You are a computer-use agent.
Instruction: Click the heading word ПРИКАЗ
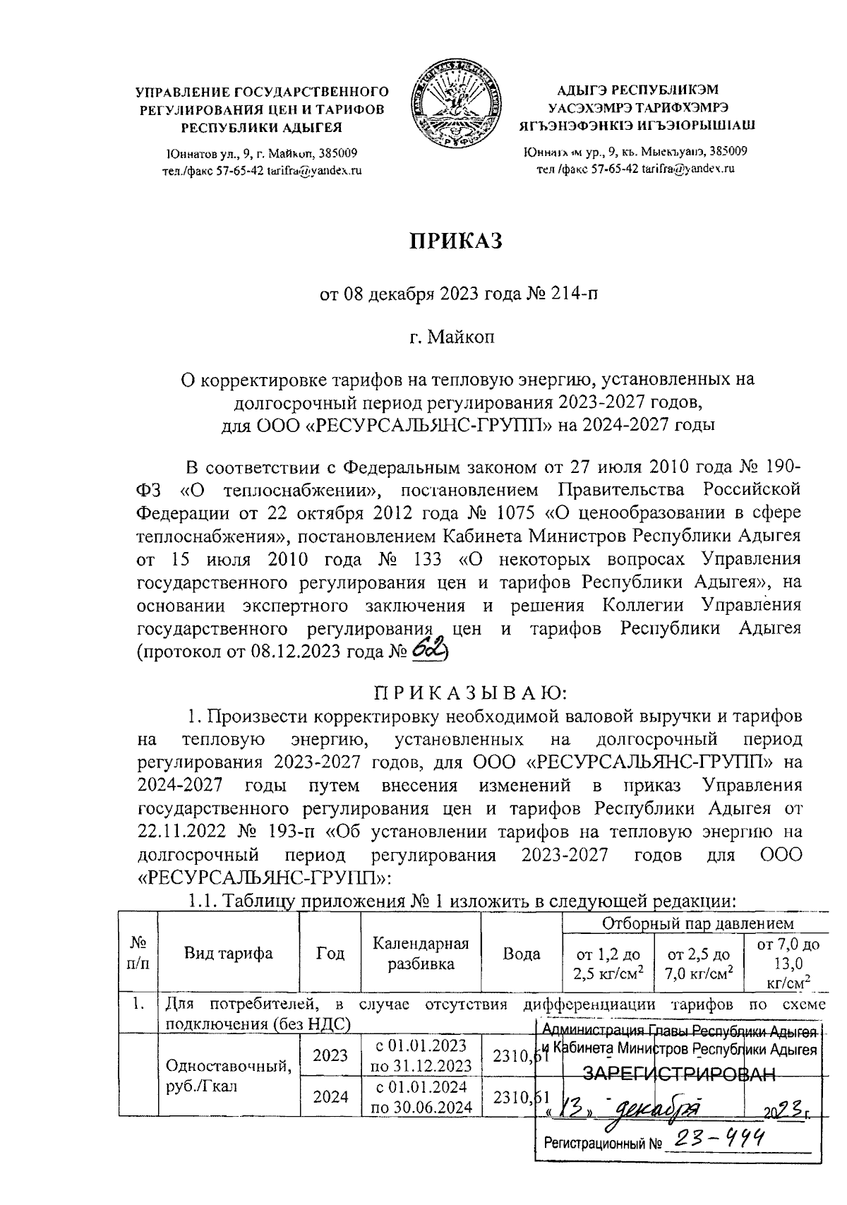point(456,241)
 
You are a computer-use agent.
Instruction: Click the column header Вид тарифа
point(228,953)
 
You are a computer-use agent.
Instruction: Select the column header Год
point(330,953)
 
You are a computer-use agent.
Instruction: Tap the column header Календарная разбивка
point(421,953)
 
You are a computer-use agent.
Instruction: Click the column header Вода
point(521,953)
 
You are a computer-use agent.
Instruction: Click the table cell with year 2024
point(330,1096)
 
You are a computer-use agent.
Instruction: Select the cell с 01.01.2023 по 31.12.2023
point(421,1055)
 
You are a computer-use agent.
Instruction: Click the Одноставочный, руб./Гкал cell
point(228,1075)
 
